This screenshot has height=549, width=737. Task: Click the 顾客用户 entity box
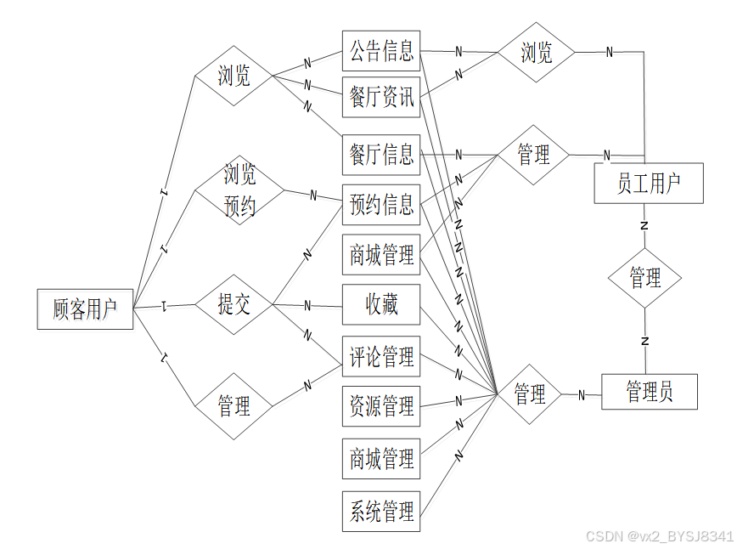point(85,309)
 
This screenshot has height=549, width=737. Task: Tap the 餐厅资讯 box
point(381,98)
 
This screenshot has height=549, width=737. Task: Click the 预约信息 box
point(381,204)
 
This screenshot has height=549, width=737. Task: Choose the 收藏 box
point(381,304)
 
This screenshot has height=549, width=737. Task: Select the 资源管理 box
point(381,405)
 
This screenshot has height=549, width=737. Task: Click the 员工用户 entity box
point(649,183)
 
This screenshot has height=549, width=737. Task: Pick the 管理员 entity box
point(650,391)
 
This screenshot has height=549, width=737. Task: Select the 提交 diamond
point(233,304)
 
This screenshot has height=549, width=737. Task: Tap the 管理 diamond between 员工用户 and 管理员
point(644,277)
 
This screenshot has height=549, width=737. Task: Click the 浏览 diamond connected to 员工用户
point(536,53)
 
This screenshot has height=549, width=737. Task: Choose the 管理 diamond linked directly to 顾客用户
point(233,406)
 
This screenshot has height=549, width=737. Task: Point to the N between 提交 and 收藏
point(307,305)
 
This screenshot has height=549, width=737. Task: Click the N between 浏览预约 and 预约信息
point(312,195)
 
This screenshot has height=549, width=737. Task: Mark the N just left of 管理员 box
point(582,394)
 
